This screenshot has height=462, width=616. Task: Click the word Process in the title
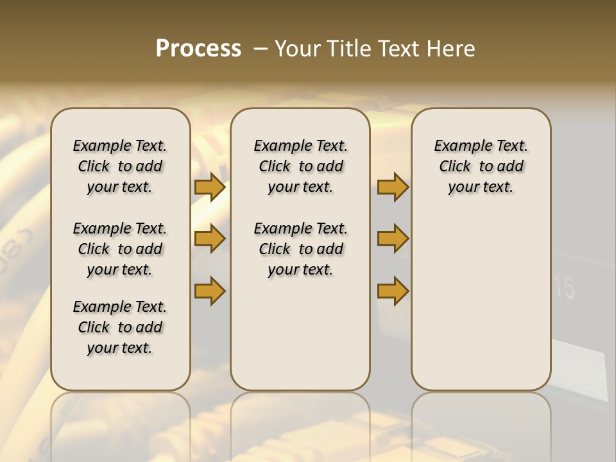click(198, 49)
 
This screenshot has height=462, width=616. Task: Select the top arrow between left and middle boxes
click(210, 187)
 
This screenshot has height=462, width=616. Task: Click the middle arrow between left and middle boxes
click(210, 239)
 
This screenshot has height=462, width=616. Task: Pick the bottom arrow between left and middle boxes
click(210, 291)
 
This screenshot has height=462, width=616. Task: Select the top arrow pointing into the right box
click(393, 187)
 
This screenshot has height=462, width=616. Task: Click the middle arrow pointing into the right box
click(393, 239)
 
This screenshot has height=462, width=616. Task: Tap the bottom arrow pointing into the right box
click(393, 291)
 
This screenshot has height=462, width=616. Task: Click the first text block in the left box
click(120, 166)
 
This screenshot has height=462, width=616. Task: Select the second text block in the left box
click(120, 249)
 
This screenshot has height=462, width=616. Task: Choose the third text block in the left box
click(120, 327)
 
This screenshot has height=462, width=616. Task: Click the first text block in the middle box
click(300, 166)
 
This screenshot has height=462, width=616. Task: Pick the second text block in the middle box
click(300, 249)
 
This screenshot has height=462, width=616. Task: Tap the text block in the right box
click(481, 166)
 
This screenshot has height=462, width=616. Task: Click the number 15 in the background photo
click(565, 289)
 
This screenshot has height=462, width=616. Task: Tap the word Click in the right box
click(455, 167)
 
